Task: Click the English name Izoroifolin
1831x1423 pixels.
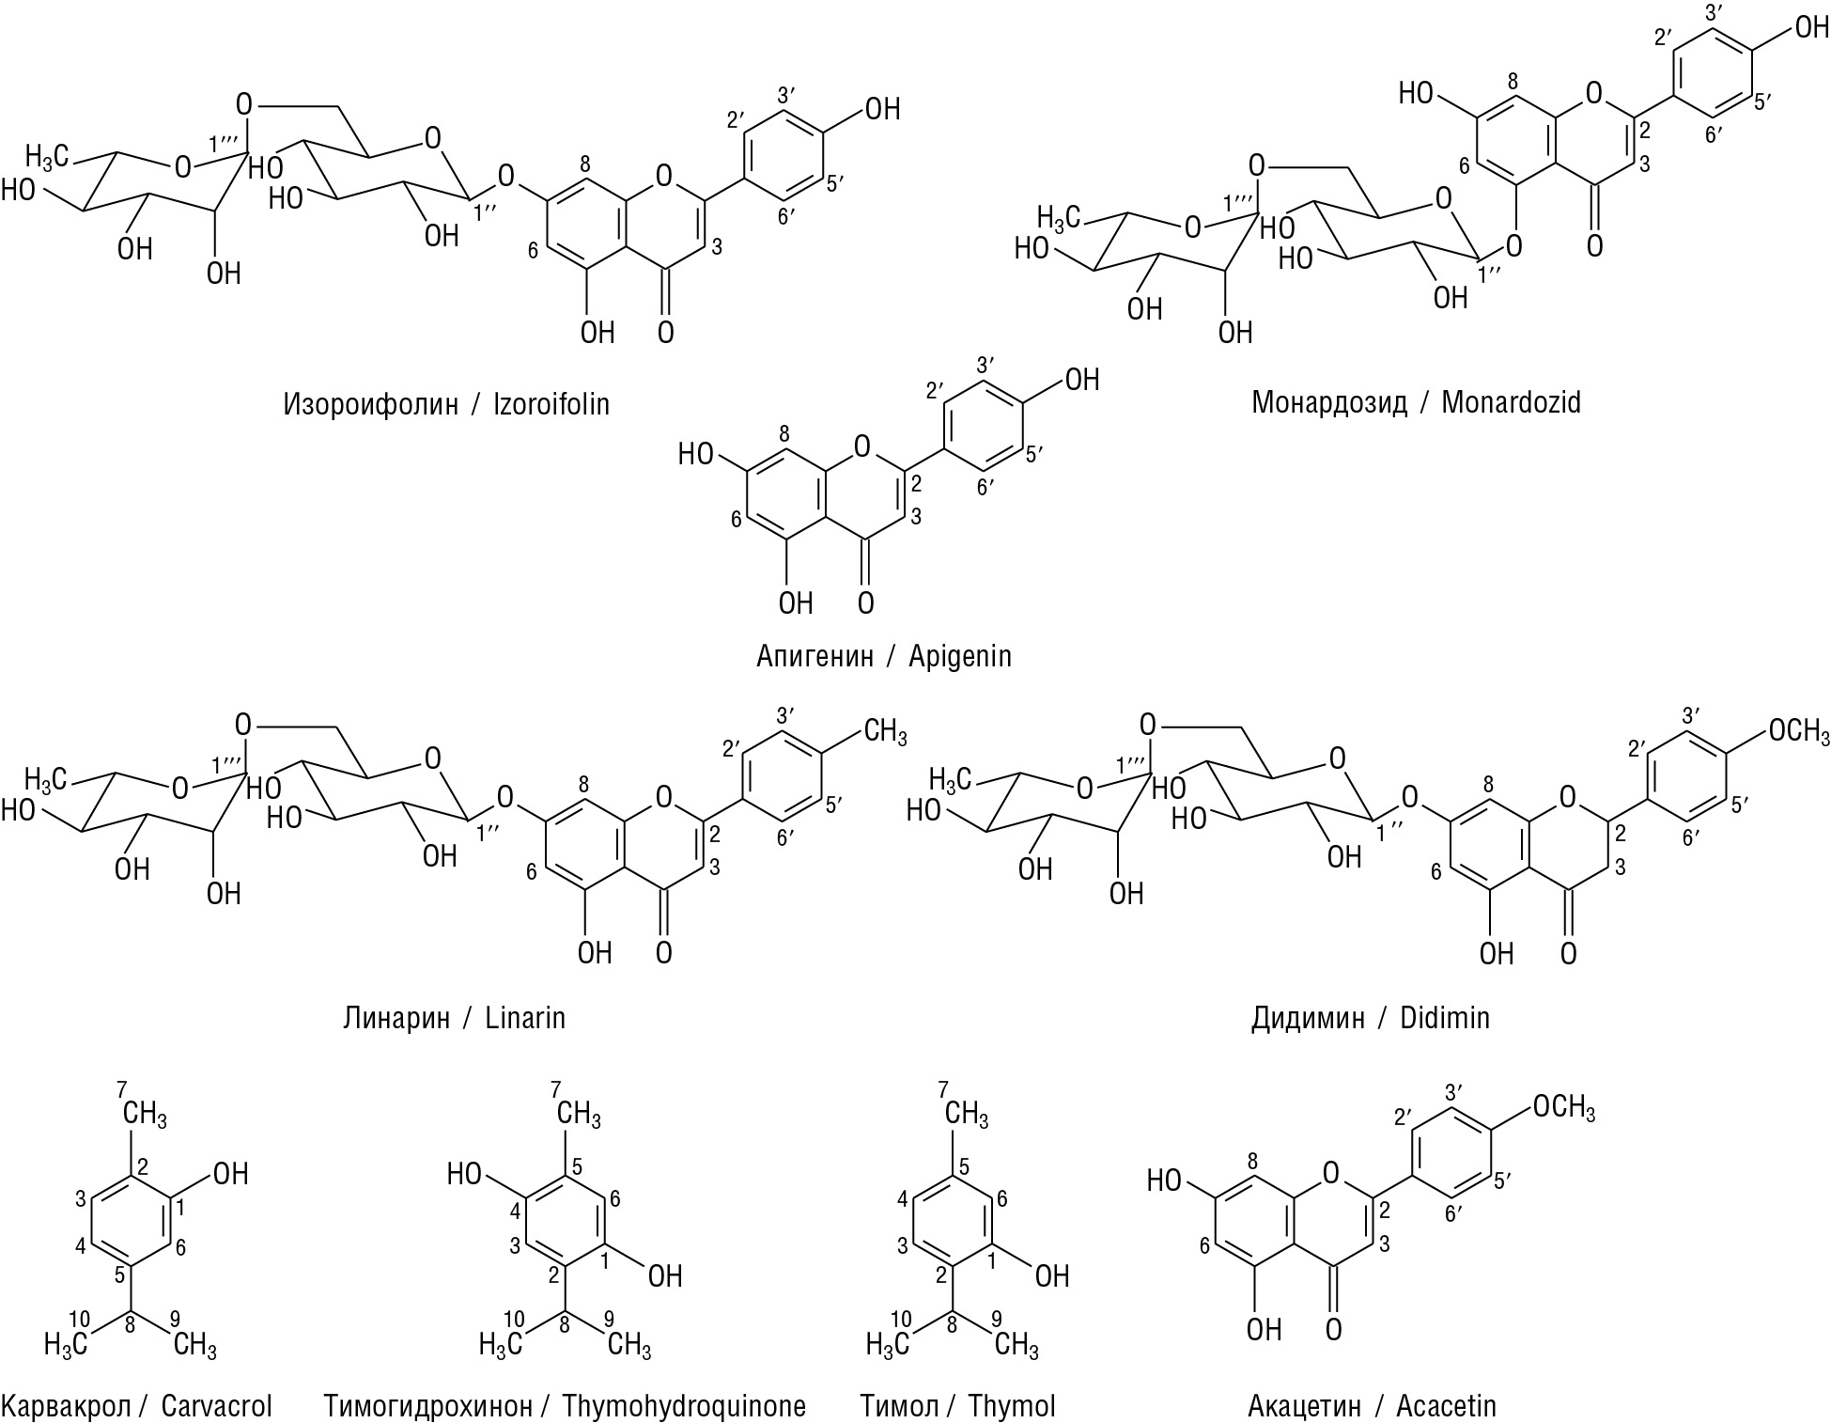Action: coord(551,404)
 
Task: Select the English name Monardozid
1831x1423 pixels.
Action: coord(1511,402)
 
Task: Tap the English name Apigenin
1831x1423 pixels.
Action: coord(960,655)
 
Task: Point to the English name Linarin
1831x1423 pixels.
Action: coord(525,1018)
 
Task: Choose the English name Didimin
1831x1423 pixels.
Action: coord(1445,1018)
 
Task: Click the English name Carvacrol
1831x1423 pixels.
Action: coord(217,1406)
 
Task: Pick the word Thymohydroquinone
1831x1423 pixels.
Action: coord(684,1406)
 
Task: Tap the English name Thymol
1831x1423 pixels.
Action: coord(1012,1406)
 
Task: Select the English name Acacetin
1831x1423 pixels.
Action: coord(1446,1406)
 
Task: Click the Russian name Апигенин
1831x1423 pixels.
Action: coord(815,655)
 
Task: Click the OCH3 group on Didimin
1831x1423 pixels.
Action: coord(1798,730)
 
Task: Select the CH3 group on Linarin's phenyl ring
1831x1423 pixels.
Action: coord(884,730)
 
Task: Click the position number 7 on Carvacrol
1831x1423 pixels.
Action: coord(121,1089)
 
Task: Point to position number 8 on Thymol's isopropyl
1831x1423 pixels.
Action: coord(954,1326)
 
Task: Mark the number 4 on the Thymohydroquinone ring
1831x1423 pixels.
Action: coord(516,1208)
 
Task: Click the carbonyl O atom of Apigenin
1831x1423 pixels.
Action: coord(865,602)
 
